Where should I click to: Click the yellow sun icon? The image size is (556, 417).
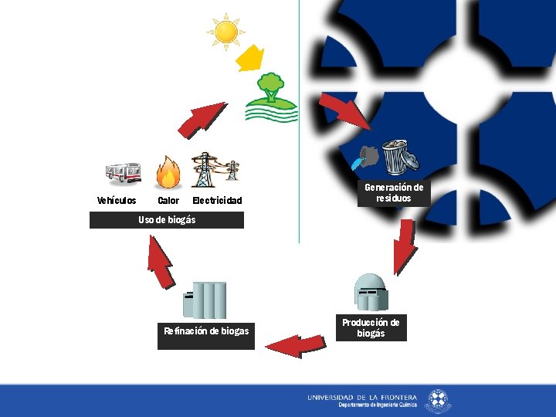coord(226,32)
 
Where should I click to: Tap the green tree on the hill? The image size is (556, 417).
coord(270,86)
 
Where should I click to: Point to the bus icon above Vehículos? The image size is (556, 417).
coord(124,174)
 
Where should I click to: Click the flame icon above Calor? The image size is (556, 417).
coord(168,172)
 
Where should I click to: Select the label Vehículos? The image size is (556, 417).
coord(117,201)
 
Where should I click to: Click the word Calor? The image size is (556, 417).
coord(168,201)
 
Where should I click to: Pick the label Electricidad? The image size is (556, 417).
coord(217,201)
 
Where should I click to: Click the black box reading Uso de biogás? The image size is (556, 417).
coord(167,220)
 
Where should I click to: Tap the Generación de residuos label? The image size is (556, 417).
coord(394,193)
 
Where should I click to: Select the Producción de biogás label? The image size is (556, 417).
coord(371,328)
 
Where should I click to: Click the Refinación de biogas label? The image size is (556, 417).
coord(206,332)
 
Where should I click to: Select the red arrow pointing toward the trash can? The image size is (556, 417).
coord(344,111)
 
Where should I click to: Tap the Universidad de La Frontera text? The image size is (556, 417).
coord(361,397)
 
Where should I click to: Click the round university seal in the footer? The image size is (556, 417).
coord(438,400)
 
